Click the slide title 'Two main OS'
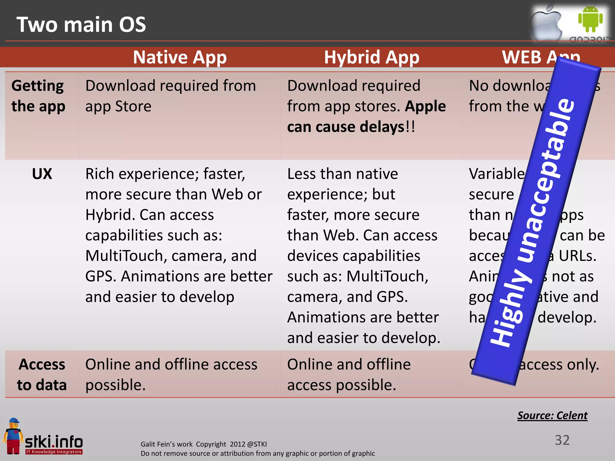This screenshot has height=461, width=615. pyautogui.click(x=81, y=25)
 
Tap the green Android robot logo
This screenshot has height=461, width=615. pyautogui.click(x=590, y=19)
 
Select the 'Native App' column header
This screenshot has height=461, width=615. pyautogui.click(x=180, y=57)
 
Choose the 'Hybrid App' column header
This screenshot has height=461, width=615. pyautogui.click(x=371, y=57)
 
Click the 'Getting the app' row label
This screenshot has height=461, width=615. pyautogui.click(x=38, y=96)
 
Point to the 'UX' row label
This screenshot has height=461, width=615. pyautogui.click(x=42, y=174)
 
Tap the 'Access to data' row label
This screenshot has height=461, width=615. pyautogui.click(x=42, y=375)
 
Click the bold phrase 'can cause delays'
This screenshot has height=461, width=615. pyautogui.click(x=346, y=127)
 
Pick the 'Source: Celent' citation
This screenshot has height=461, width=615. pyautogui.click(x=552, y=415)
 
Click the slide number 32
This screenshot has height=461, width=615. pyautogui.click(x=562, y=440)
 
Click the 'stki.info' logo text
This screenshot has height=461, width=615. pyautogui.click(x=54, y=441)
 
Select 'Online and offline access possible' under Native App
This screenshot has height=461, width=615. pyautogui.click(x=171, y=375)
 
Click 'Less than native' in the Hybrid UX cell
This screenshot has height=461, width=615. pyautogui.click(x=342, y=174)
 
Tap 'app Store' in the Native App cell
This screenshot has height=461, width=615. pyautogui.click(x=118, y=107)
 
